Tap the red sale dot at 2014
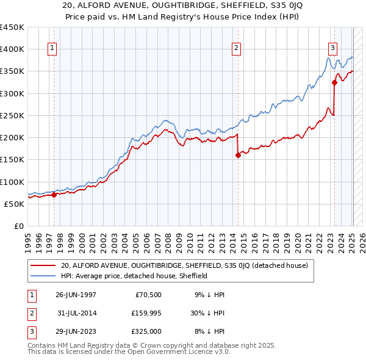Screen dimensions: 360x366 (238, 155)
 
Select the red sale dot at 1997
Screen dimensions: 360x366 (54, 195)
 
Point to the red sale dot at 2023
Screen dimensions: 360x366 (334, 82)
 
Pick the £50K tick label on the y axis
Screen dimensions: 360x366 (14, 204)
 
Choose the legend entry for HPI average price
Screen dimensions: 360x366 (134, 276)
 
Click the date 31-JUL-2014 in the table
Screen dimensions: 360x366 (76, 313)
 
